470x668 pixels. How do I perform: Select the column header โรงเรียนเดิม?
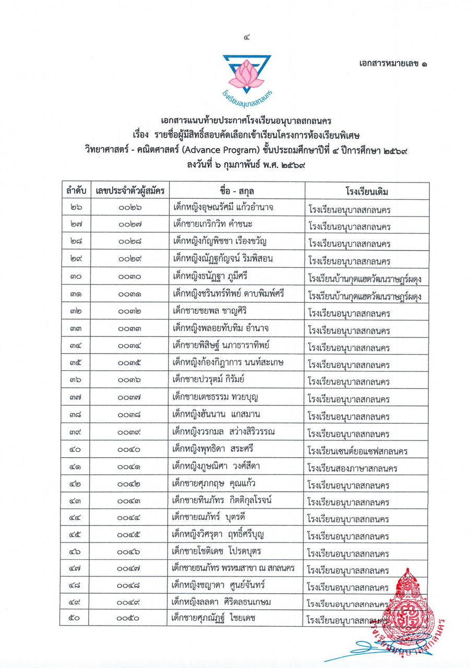point(366,191)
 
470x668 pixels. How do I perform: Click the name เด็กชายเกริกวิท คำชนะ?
point(217,225)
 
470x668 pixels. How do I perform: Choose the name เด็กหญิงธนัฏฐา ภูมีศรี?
point(211,277)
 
